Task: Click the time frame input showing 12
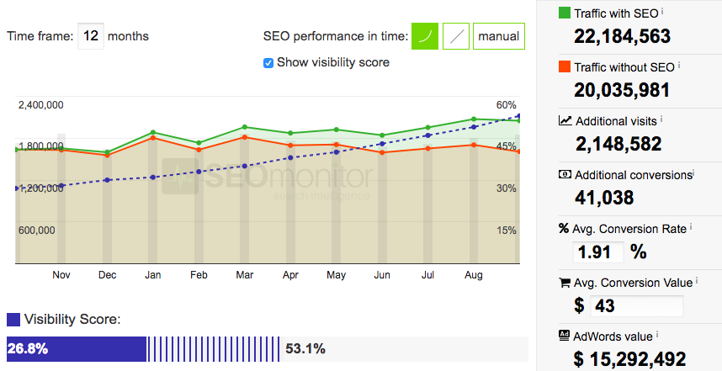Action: [x=91, y=37]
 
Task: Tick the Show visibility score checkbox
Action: [x=268, y=62]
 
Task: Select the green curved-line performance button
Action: [x=425, y=36]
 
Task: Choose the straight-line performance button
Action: [x=455, y=36]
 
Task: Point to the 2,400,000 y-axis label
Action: [x=40, y=105]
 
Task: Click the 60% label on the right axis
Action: [x=506, y=105]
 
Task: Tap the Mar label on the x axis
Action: [x=244, y=275]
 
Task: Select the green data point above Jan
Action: [x=153, y=132]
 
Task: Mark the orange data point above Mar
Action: [x=244, y=137]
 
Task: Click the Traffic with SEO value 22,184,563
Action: [x=622, y=36]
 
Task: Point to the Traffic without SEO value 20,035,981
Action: [x=622, y=90]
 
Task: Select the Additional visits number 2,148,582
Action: [x=618, y=144]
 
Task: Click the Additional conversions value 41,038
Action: [x=604, y=198]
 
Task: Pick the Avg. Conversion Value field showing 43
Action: [x=637, y=305]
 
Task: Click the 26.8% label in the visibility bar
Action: [x=26, y=348]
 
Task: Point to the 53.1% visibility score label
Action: [x=305, y=348]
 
